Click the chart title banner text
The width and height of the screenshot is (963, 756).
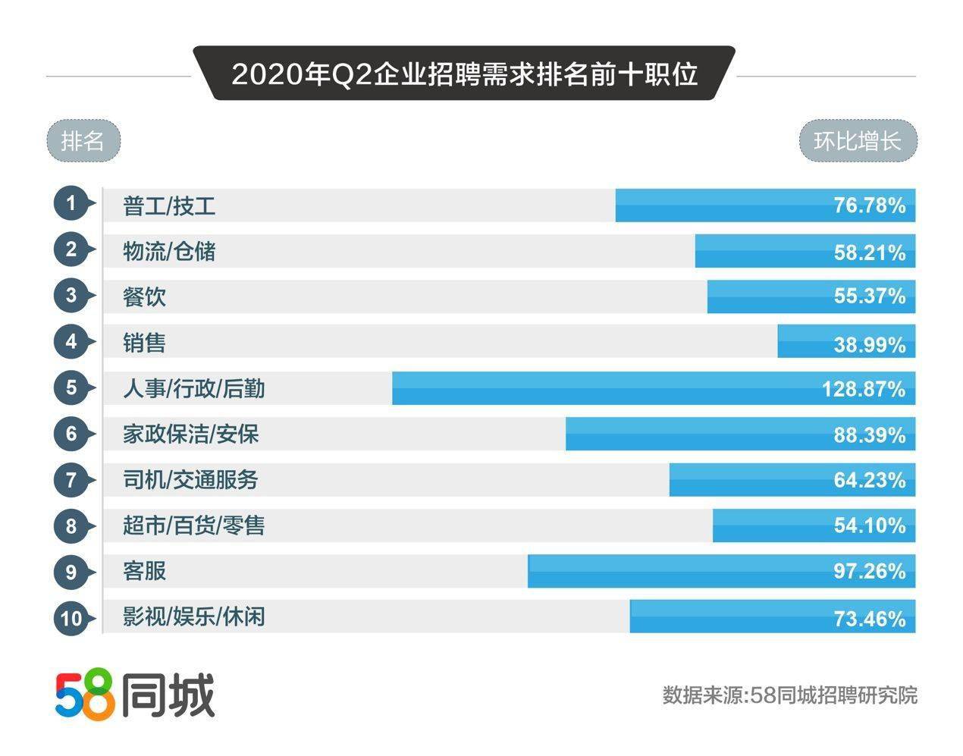pyautogui.click(x=464, y=75)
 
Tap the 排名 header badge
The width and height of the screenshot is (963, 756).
pyautogui.click(x=83, y=141)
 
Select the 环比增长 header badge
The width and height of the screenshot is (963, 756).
pyautogui.click(x=858, y=142)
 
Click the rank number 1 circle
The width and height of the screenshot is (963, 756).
pyautogui.click(x=71, y=204)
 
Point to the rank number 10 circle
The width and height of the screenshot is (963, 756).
pyautogui.click(x=71, y=618)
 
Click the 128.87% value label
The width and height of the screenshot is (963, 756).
pyautogui.click(x=864, y=390)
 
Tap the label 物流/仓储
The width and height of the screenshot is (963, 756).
pyautogui.click(x=169, y=251)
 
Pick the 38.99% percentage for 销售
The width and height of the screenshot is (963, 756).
pyautogui.click(x=870, y=345)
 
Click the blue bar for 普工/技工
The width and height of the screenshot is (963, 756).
pyautogui.click(x=720, y=205)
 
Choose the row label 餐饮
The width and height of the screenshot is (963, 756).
pyautogui.click(x=144, y=296)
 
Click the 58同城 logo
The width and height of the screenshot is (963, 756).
pyautogui.click(x=135, y=695)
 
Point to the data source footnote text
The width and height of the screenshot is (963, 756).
pyautogui.click(x=789, y=695)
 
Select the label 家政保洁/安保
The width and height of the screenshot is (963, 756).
pyautogui.click(x=190, y=434)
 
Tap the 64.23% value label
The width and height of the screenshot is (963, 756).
pyautogui.click(x=870, y=481)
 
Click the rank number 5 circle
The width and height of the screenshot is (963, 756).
pyautogui.click(x=71, y=388)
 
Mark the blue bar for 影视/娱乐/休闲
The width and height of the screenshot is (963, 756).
pyautogui.click(x=728, y=616)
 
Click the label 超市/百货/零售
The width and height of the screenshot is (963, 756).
pyautogui.click(x=193, y=525)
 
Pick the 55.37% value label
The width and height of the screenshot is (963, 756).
pyautogui.click(x=870, y=296)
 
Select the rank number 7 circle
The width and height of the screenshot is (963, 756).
pyautogui.click(x=71, y=480)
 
